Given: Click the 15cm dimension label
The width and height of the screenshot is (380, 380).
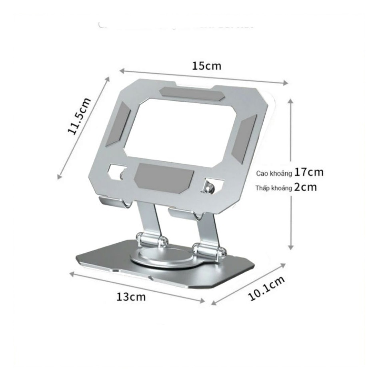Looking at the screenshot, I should [x=206, y=66].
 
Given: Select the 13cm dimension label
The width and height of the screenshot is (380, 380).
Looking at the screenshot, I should [x=131, y=297].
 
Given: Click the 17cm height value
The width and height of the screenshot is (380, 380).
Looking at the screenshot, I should [x=308, y=172].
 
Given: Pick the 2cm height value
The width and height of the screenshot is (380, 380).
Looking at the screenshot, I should [x=305, y=187].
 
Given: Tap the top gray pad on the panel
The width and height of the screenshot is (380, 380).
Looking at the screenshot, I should [x=192, y=94].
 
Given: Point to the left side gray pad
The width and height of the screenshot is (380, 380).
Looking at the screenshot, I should [x=118, y=124].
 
